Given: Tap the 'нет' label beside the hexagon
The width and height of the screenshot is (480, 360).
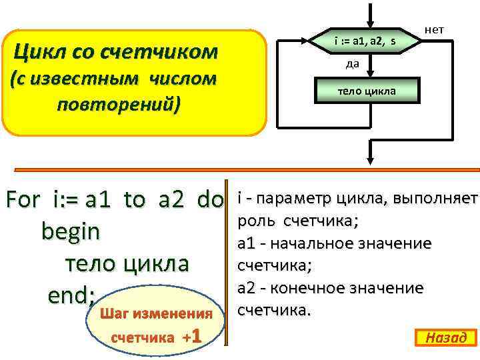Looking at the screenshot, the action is pyautogui.click(x=434, y=30).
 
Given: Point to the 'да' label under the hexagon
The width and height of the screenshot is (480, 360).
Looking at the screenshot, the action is pyautogui.click(x=353, y=64).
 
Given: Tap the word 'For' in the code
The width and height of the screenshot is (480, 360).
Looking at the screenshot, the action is pyautogui.click(x=24, y=199).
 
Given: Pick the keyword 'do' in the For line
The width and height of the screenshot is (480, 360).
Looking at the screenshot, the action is pyautogui.click(x=210, y=199).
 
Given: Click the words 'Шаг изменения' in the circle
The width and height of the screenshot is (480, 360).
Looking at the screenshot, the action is pyautogui.click(x=155, y=313).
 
